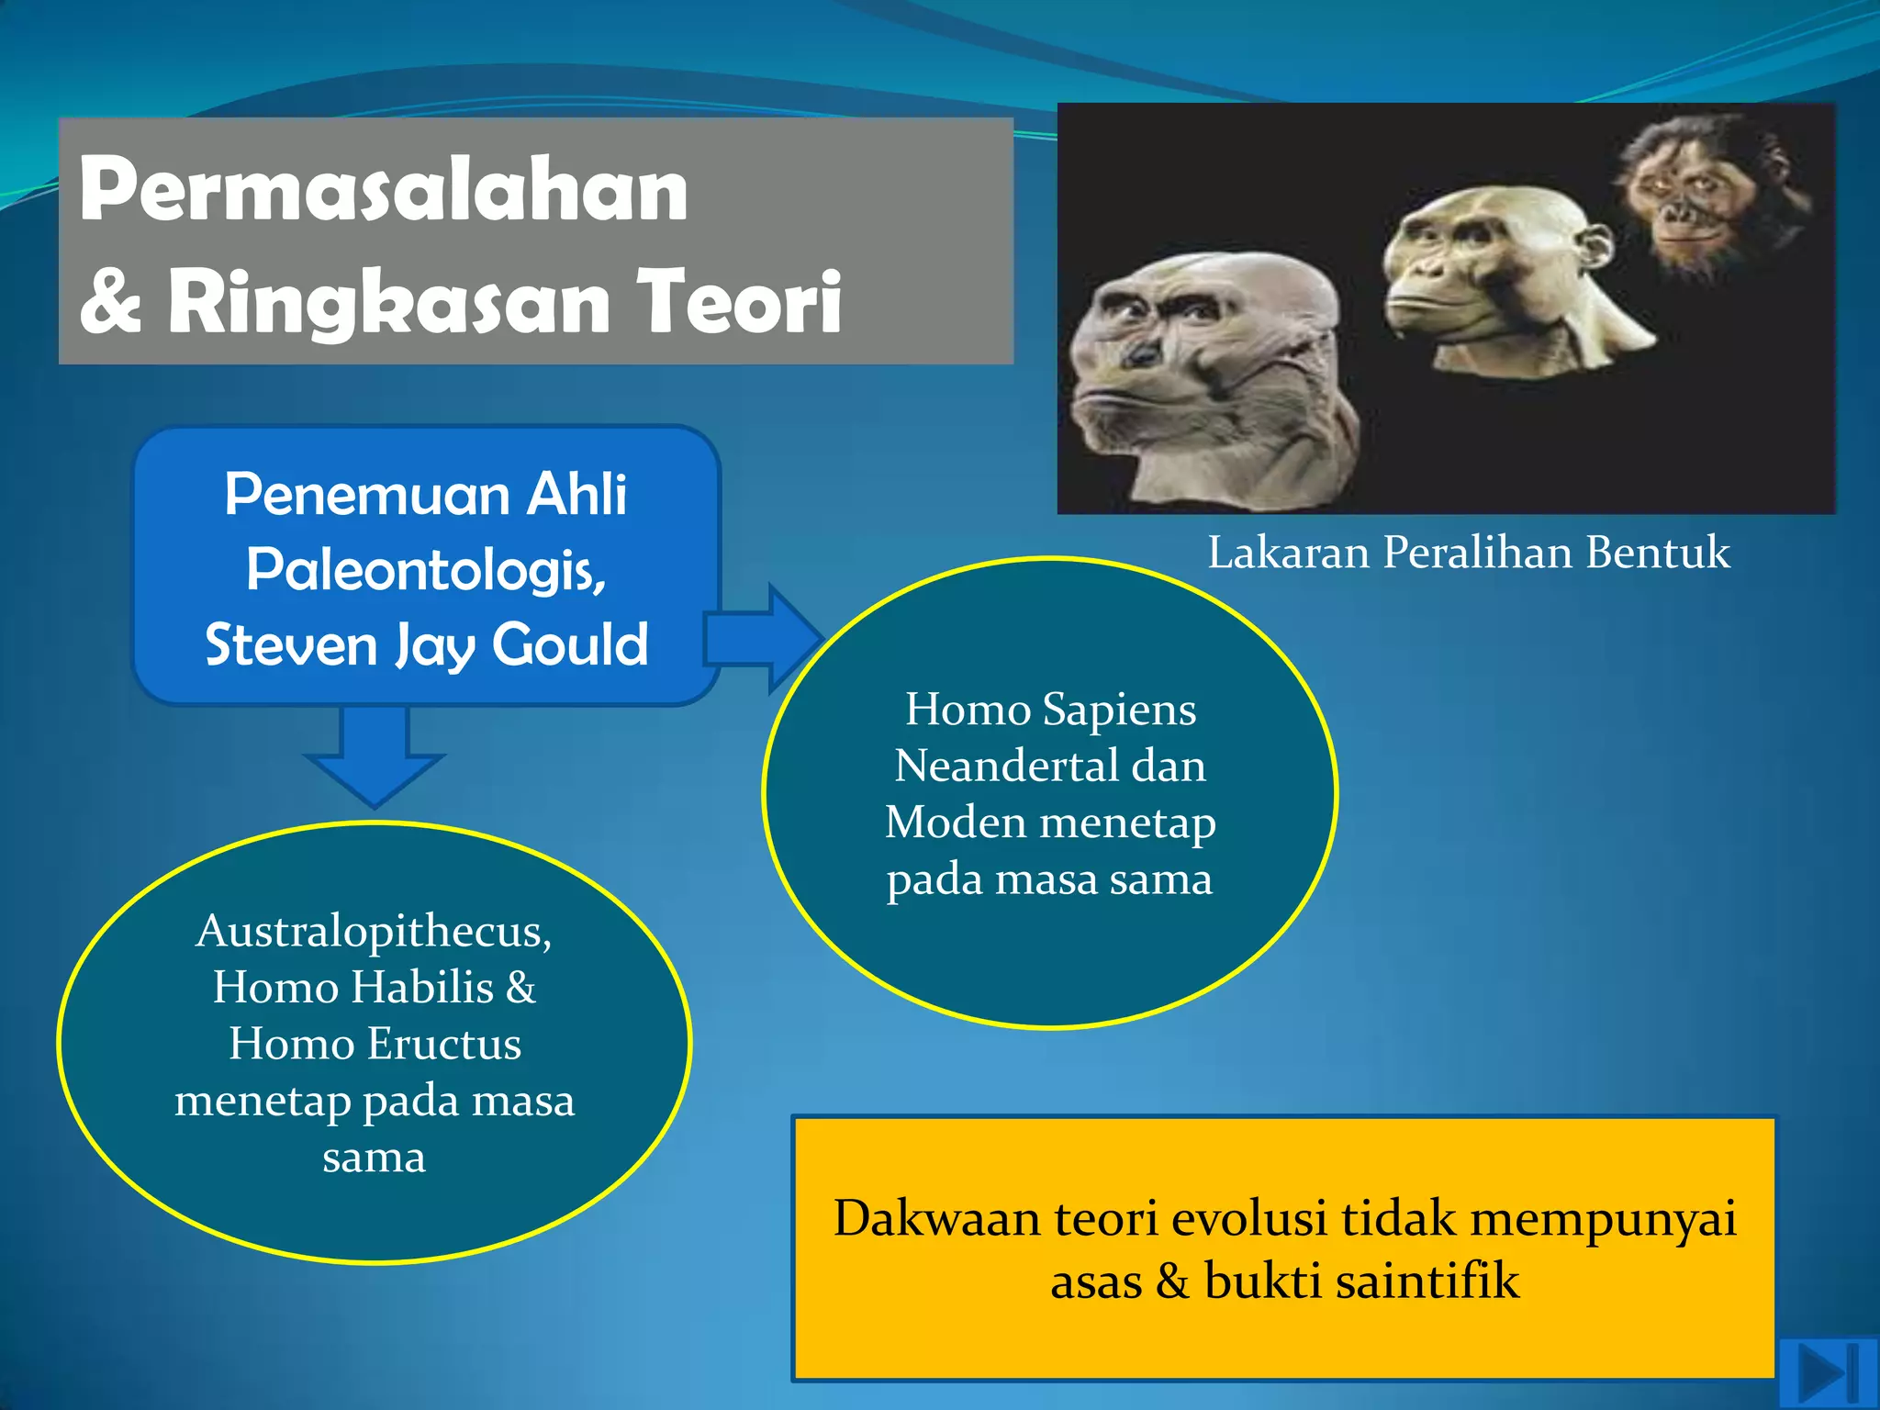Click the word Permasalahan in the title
coord(383,191)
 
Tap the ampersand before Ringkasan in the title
coord(111,302)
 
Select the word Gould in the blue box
coord(570,644)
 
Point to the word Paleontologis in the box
coord(425,570)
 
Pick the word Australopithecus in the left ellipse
coord(374,931)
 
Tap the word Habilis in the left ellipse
coord(422,988)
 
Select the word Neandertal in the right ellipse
coord(1003,766)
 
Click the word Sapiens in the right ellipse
coord(1119,710)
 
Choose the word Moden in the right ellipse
coord(955,822)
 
